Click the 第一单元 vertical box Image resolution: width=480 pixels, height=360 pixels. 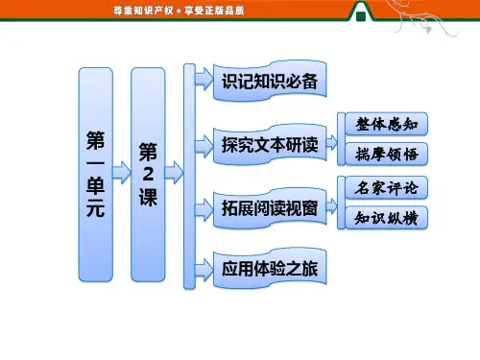point(96,175)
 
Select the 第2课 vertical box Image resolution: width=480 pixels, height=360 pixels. point(148,175)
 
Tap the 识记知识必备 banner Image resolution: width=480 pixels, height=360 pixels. point(270,81)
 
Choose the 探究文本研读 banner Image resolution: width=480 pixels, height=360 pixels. point(270,145)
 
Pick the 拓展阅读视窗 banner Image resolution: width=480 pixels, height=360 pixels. point(270,208)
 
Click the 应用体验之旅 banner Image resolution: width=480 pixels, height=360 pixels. point(270,268)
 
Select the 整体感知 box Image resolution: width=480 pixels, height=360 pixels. point(387,124)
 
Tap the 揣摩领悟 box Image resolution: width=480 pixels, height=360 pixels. point(387,154)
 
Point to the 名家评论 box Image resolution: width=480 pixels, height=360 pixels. point(387,187)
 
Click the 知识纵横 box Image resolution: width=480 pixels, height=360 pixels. point(387,218)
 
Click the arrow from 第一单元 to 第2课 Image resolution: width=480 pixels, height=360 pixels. point(122,173)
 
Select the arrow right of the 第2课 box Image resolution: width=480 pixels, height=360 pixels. point(174,173)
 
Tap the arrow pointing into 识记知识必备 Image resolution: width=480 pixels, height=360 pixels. point(204,79)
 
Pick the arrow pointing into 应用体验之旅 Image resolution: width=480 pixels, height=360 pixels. point(204,269)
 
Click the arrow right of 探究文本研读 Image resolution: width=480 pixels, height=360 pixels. point(332,143)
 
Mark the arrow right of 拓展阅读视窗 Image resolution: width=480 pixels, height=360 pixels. point(332,206)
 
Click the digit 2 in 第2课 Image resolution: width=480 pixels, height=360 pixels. point(148,175)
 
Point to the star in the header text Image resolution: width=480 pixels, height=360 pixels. point(179,12)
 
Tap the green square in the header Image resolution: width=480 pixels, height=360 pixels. point(361,16)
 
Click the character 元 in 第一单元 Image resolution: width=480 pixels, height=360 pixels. point(95,208)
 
